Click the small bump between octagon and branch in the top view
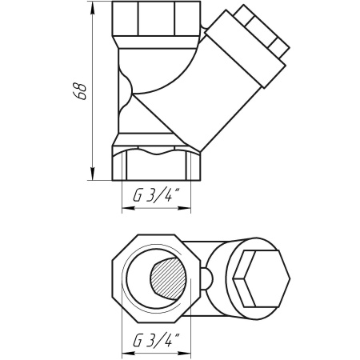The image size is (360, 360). click(x=206, y=278)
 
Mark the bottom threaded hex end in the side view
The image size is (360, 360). click(x=155, y=164)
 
